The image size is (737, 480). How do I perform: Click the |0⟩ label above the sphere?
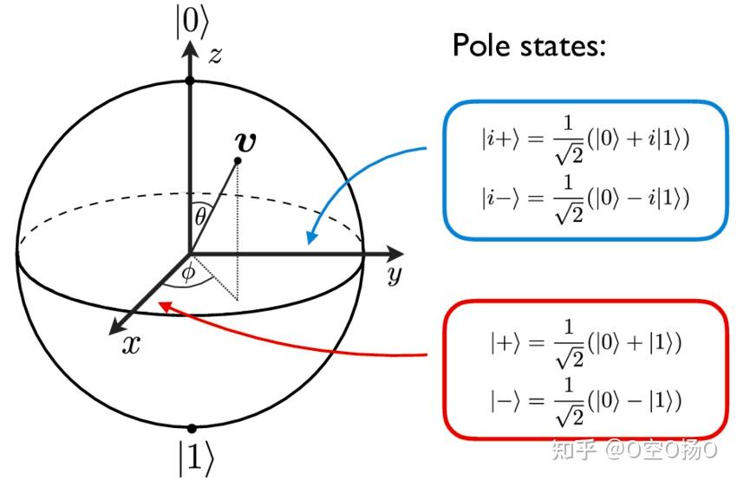190,22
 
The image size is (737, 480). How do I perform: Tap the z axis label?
215,55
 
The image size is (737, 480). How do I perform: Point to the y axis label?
394,276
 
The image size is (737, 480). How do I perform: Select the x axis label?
131,345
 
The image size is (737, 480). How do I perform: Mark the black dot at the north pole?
190,81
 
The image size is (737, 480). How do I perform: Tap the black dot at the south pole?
191,428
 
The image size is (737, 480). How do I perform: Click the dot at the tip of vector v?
238,160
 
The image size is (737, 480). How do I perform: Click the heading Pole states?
528,45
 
